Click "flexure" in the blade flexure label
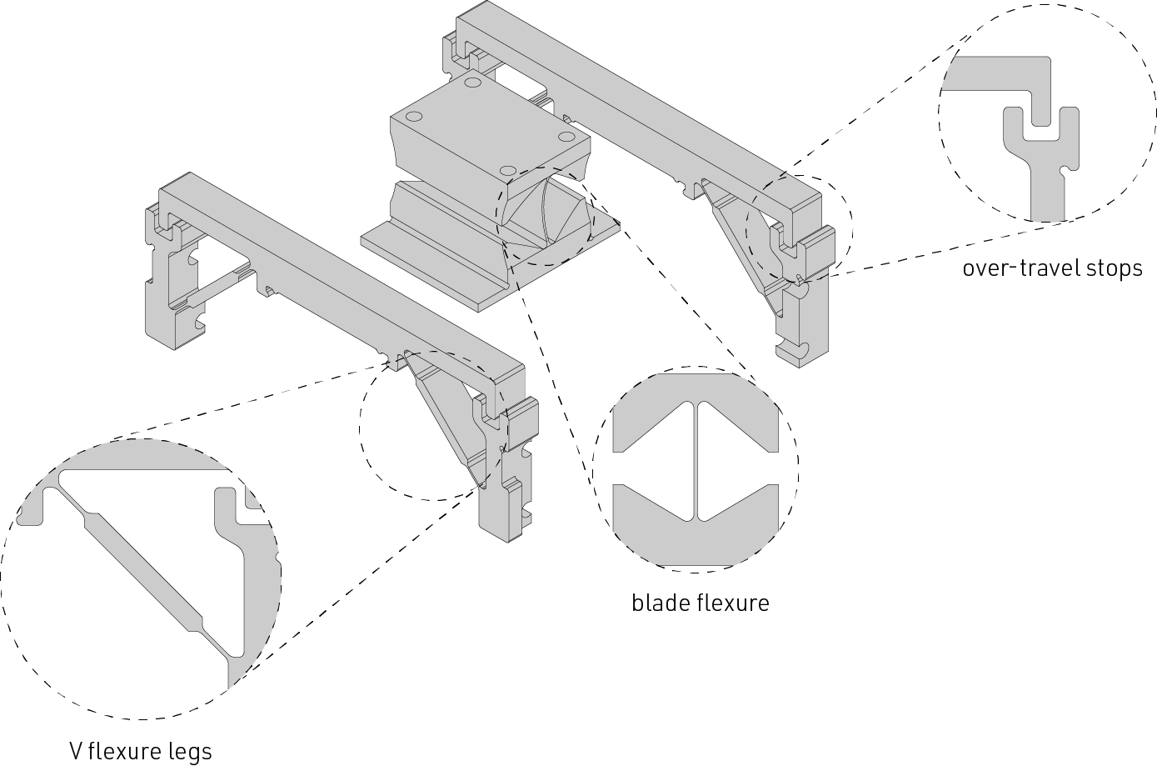click(x=734, y=603)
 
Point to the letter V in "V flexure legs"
click(x=76, y=752)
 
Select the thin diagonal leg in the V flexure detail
click(x=142, y=561)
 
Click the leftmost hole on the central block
click(x=414, y=117)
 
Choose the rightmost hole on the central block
click(x=567, y=137)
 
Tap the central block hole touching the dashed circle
click(x=509, y=171)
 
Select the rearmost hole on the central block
click(x=473, y=83)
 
